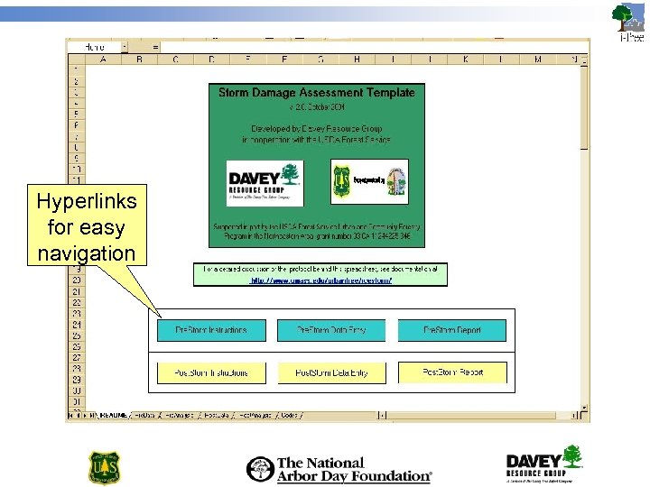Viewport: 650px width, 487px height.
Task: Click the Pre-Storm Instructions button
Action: [212, 330]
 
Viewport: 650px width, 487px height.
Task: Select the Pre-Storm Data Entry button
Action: [331, 330]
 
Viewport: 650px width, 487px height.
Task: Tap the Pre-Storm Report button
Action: [452, 330]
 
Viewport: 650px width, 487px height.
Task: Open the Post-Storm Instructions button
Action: [212, 372]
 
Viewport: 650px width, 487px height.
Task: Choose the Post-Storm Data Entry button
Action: [331, 372]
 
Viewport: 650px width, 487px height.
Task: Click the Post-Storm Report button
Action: [452, 372]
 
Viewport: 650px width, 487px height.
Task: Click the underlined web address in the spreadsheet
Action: [320, 280]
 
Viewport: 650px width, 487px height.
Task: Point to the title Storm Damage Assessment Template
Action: [316, 92]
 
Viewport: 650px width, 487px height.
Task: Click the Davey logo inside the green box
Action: [264, 180]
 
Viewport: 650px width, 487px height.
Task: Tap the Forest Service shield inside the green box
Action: [342, 179]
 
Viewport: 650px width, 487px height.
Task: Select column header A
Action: [103, 60]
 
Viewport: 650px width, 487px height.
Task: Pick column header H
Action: [357, 60]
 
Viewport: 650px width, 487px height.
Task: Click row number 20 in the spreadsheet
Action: [77, 280]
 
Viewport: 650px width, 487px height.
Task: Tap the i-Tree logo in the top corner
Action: [628, 22]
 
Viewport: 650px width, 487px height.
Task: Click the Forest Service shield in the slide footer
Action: [103, 467]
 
